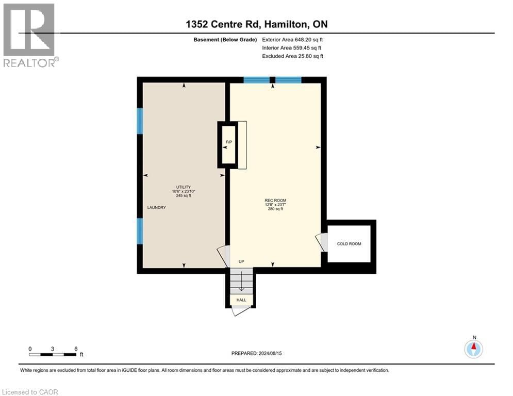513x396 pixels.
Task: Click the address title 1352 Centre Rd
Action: [256, 24]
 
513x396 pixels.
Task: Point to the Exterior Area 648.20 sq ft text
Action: [293, 39]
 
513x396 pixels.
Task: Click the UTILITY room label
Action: [184, 187]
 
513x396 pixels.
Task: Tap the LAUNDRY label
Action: [156, 207]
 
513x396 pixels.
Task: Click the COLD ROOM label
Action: [349, 243]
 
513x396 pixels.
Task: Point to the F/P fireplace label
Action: [227, 141]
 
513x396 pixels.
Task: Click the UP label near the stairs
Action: [241, 261]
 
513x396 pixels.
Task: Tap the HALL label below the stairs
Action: [241, 300]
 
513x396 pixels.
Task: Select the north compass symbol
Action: [473, 349]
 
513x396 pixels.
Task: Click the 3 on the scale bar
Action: [53, 349]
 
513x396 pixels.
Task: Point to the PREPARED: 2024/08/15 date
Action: [256, 353]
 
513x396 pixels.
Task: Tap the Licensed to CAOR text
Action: [30, 392]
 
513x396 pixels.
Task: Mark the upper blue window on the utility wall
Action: [139, 121]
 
